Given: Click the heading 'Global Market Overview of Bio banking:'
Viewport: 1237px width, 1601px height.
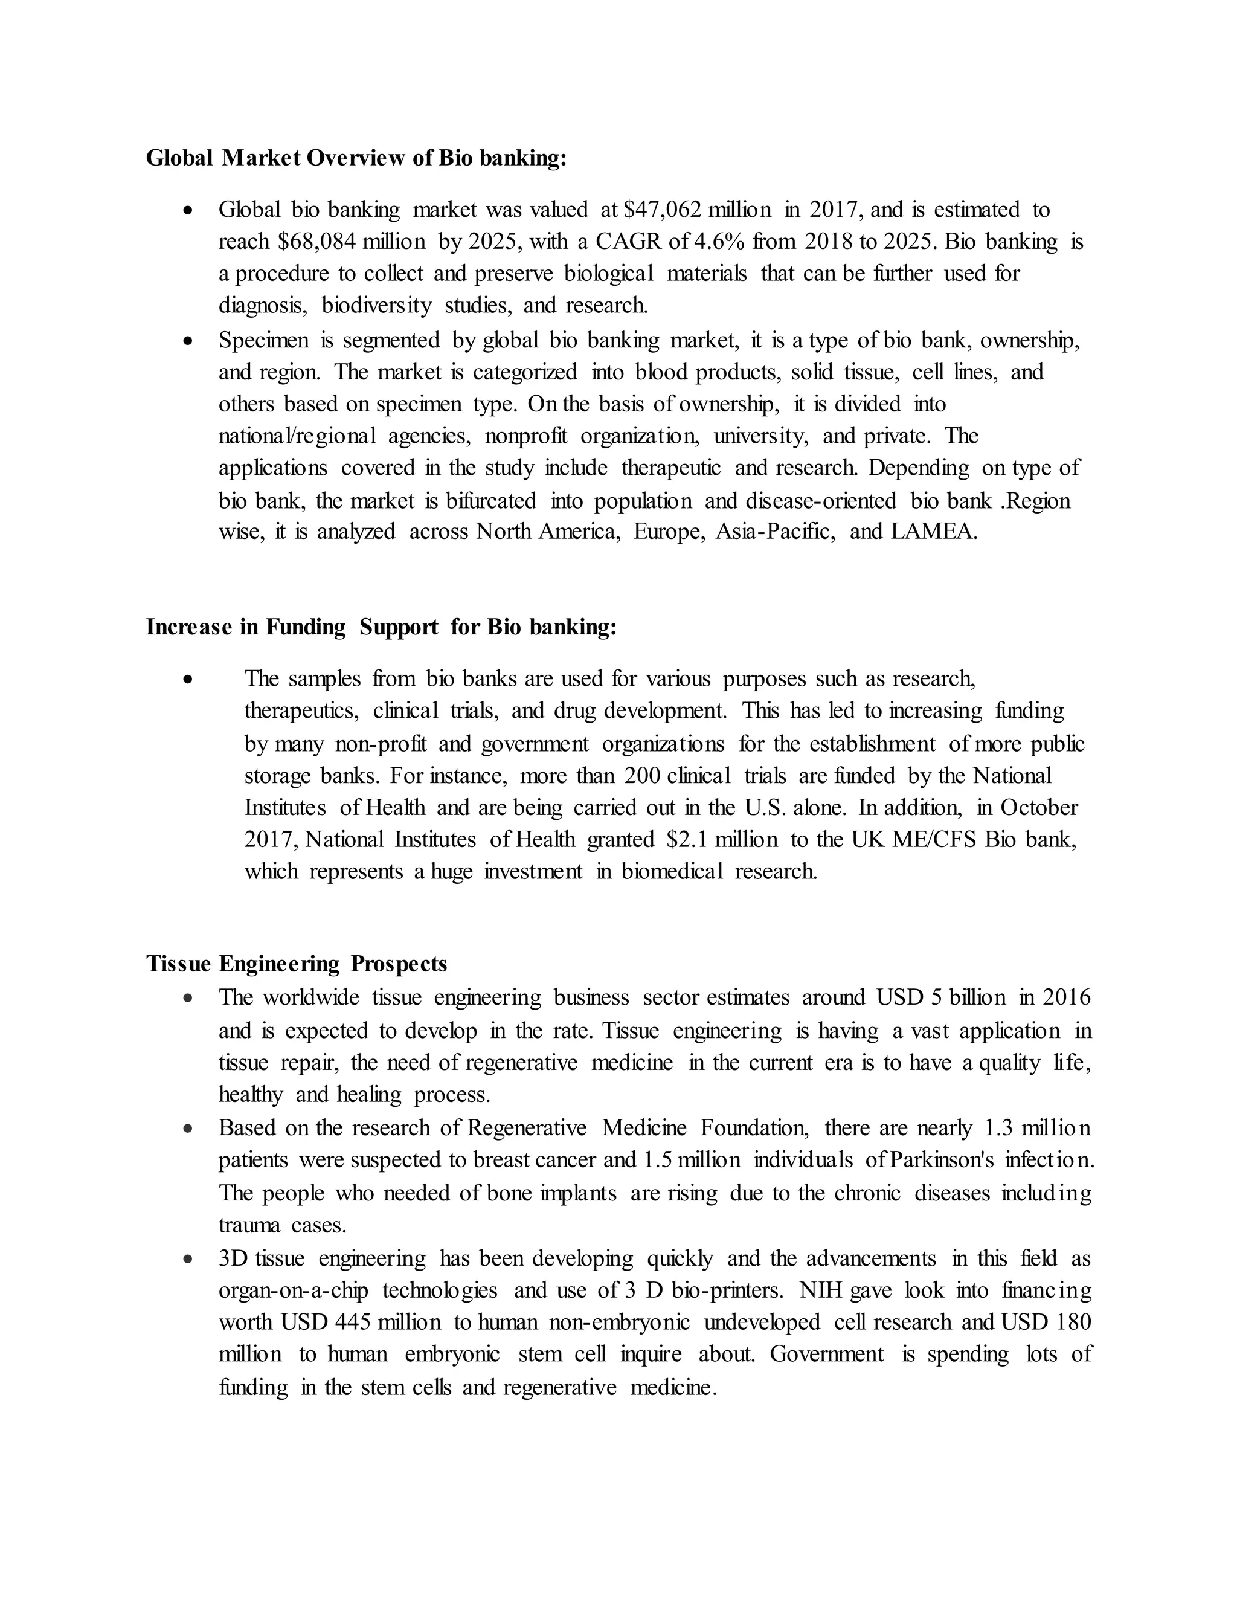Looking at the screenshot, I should [356, 158].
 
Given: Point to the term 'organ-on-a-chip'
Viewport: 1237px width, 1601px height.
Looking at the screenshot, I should [293, 1290].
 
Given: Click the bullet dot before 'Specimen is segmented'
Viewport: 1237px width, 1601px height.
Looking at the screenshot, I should [189, 341].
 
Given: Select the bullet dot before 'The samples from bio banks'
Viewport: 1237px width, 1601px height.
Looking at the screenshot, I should [189, 680].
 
